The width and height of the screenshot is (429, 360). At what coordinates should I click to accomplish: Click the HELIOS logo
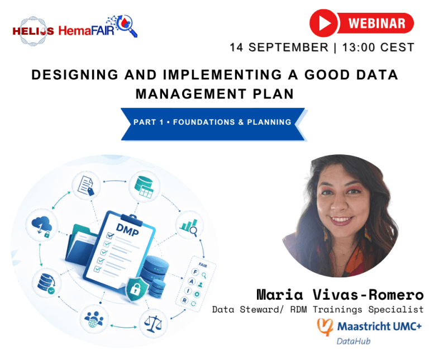pos(33,31)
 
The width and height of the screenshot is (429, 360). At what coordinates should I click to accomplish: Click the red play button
pos(323,23)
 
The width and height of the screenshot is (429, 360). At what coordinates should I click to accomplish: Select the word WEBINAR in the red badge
pos(376,23)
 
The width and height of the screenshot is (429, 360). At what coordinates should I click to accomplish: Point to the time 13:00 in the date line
pos(359,48)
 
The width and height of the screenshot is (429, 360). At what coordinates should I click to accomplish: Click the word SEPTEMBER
pos(288,48)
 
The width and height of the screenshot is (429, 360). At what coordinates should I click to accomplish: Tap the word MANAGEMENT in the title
pos(191,94)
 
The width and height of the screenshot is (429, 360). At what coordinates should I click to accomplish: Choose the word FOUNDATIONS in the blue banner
pos(204,122)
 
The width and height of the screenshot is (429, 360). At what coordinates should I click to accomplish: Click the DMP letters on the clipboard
pos(127,230)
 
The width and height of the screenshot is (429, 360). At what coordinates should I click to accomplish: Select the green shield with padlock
pos(136,288)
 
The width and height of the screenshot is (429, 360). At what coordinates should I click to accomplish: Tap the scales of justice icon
pos(152,324)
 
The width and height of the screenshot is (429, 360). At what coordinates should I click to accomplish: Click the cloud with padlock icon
pos(41,226)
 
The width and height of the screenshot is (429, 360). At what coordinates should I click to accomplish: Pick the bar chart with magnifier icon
pos(189,227)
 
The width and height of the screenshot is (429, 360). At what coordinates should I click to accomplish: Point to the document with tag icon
pos(86,186)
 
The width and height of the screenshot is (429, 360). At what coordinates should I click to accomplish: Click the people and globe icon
pos(94,320)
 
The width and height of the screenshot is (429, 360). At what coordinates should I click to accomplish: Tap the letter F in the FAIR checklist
pos(195,272)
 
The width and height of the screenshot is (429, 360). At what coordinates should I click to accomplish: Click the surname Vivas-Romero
pos(368,295)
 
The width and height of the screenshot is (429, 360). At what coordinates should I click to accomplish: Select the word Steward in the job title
pos(260,310)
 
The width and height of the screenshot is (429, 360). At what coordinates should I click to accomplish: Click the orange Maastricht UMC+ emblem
pos(325,326)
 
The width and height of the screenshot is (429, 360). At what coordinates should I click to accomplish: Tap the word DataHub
pos(354,342)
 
